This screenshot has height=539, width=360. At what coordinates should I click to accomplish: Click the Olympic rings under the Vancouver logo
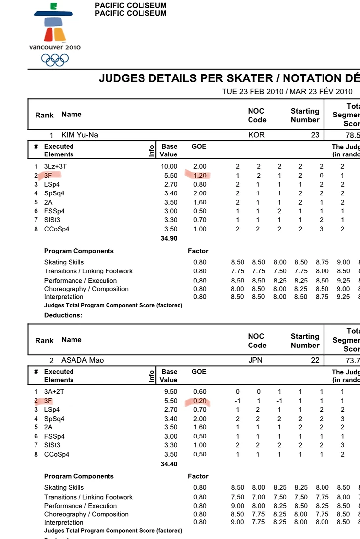pyautogui.click(x=55, y=60)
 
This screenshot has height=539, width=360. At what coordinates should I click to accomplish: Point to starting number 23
pyautogui.click(x=315, y=135)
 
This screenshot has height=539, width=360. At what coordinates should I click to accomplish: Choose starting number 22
pyautogui.click(x=315, y=360)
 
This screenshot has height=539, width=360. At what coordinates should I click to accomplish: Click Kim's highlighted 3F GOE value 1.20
pyautogui.click(x=199, y=175)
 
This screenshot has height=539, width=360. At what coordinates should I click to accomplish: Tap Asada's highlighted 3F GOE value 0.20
pyautogui.click(x=199, y=401)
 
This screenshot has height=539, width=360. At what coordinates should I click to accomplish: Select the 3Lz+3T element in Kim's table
pyautogui.click(x=55, y=166)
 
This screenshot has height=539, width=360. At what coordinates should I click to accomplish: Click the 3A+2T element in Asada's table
pyautogui.click(x=55, y=392)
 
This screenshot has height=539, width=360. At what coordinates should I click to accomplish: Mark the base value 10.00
pyautogui.click(x=169, y=166)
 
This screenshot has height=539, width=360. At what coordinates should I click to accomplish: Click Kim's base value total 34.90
pyautogui.click(x=169, y=239)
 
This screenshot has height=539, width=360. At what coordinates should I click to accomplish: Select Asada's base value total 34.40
pyautogui.click(x=169, y=464)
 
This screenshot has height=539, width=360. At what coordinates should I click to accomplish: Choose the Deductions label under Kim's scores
pyautogui.click(x=63, y=315)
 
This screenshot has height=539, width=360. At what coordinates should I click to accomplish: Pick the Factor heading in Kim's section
pyautogui.click(x=198, y=251)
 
